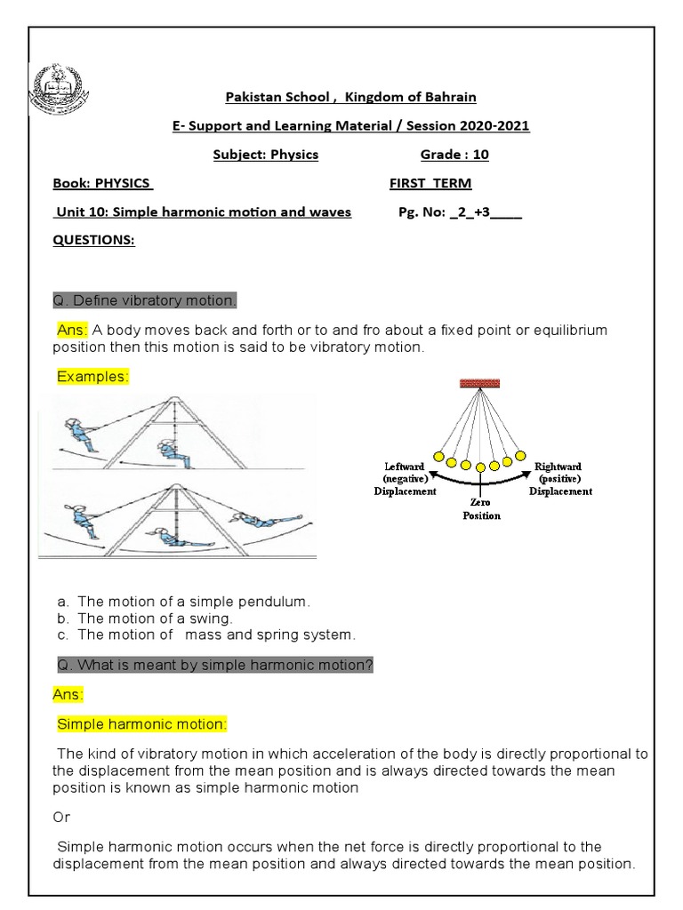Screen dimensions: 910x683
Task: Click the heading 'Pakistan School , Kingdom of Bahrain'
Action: [350, 96]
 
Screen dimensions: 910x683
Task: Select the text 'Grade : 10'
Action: [454, 155]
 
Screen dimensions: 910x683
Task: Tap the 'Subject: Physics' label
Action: [265, 155]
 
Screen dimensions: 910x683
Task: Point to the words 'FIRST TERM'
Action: [430, 183]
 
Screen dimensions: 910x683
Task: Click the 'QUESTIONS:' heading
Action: [93, 240]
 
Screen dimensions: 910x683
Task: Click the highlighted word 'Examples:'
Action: [92, 377]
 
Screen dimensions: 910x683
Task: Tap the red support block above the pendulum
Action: [479, 383]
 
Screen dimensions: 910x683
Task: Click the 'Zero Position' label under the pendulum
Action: [481, 508]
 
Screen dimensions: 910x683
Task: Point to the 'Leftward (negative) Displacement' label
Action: [405, 478]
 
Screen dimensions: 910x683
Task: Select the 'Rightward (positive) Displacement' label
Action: [560, 478]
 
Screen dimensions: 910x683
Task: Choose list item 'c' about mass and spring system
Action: [205, 635]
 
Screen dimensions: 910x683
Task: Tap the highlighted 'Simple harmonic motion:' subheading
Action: [142, 724]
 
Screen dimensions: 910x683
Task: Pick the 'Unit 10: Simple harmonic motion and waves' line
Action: [202, 212]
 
